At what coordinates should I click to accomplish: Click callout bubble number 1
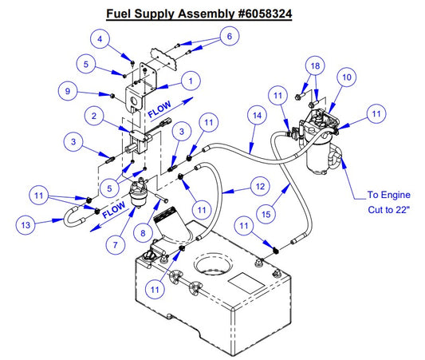191,80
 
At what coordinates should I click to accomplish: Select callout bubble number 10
346,77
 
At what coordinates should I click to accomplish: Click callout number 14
256,116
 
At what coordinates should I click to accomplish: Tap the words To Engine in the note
388,194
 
